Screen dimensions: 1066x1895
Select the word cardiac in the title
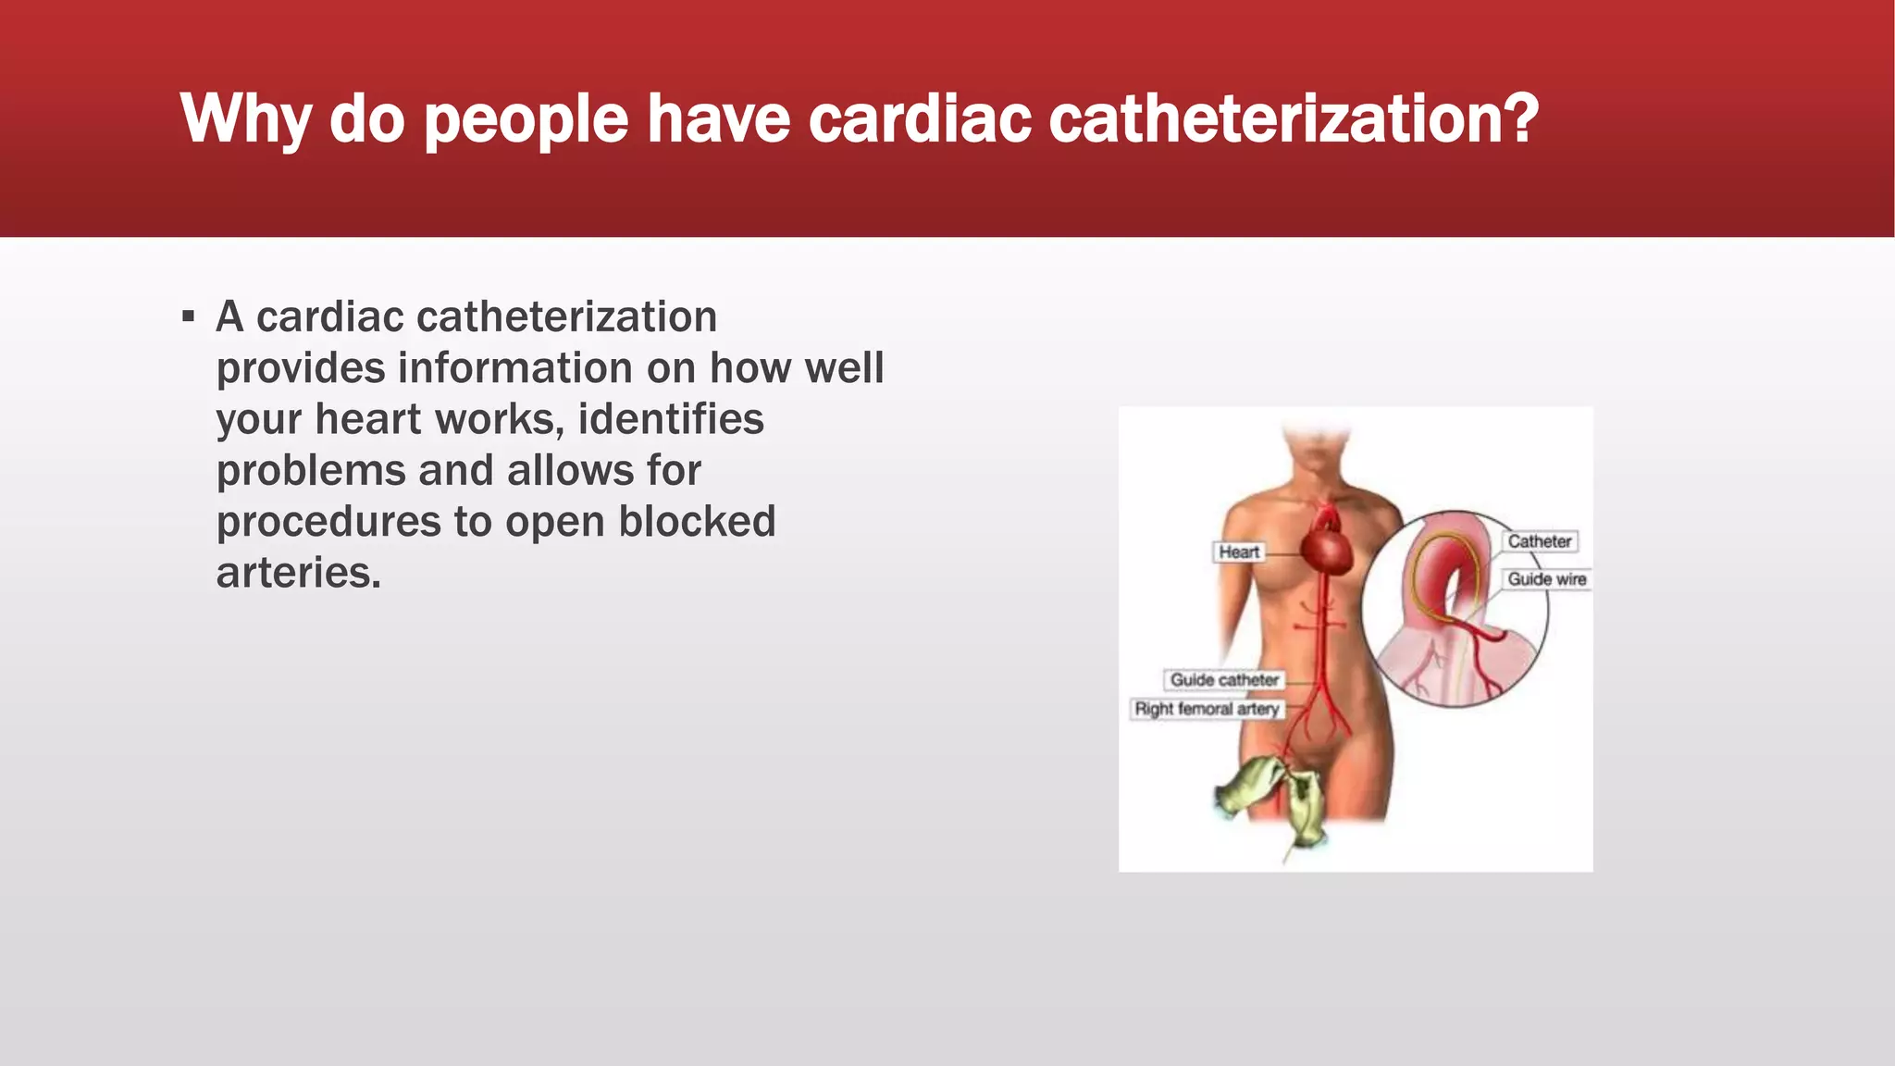pyautogui.click(x=920, y=119)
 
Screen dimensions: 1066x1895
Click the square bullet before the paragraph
pyautogui.click(x=189, y=317)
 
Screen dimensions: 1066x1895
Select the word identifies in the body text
pyautogui.click(x=671, y=419)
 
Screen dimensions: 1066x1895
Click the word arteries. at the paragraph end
pyautogui.click(x=299, y=573)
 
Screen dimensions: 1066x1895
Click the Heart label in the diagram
pyautogui.click(x=1238, y=552)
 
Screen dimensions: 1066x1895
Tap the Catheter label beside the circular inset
pyautogui.click(x=1539, y=541)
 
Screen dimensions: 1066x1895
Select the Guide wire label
pyautogui.click(x=1546, y=579)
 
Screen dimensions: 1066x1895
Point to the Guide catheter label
pyautogui.click(x=1223, y=680)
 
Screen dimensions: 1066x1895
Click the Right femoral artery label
pyautogui.click(x=1207, y=709)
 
